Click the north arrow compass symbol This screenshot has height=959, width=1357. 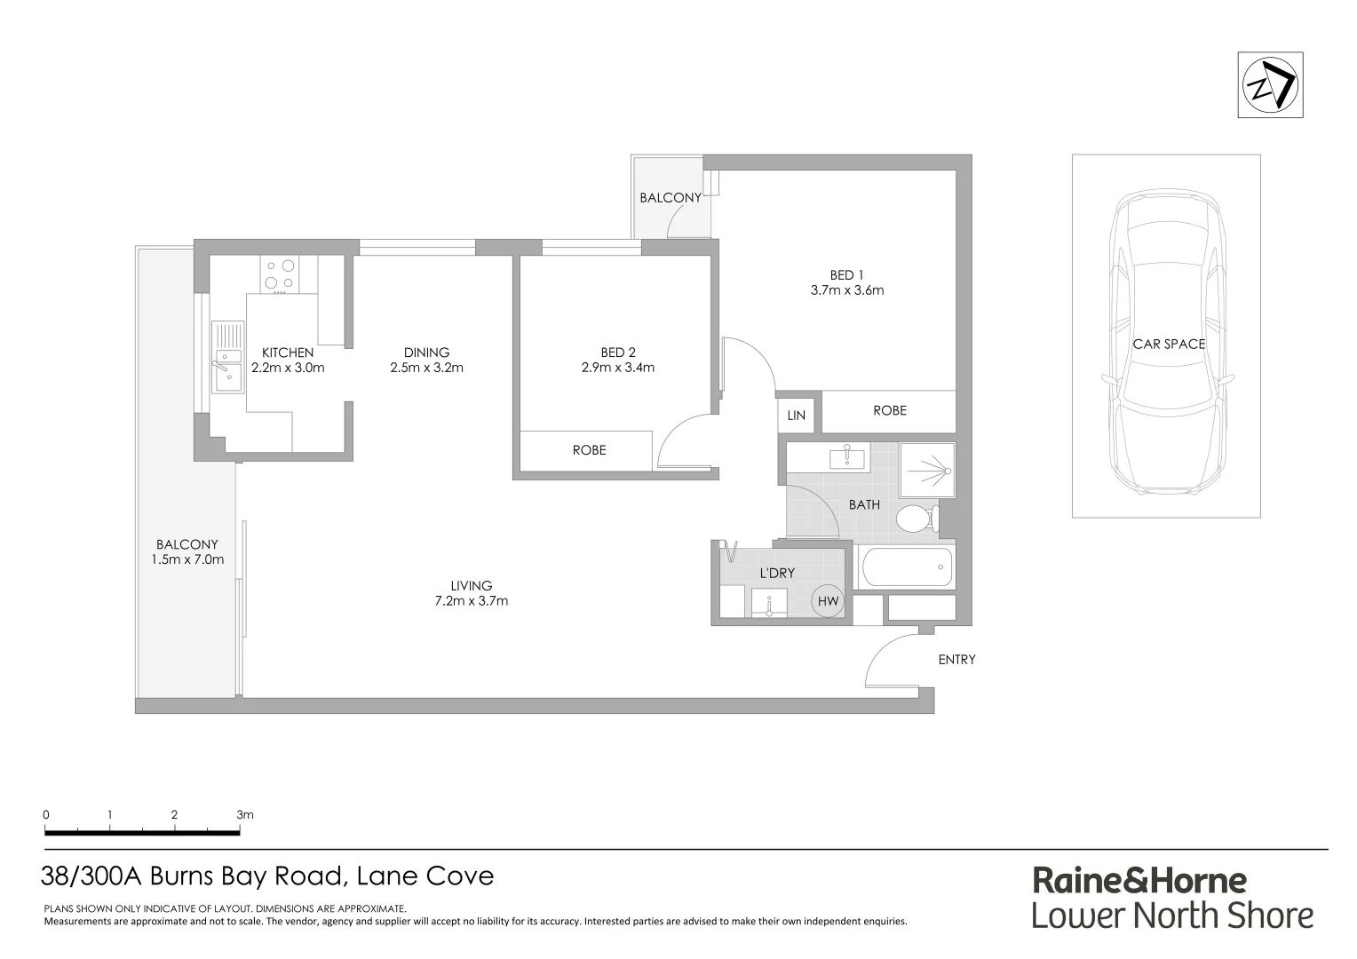click(x=1270, y=85)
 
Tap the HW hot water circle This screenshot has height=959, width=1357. click(x=828, y=601)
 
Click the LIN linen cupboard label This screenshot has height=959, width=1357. click(x=796, y=415)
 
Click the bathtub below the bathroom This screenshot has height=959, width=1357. click(x=906, y=567)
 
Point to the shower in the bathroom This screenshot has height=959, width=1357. click(x=927, y=470)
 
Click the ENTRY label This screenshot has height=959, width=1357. click(x=956, y=660)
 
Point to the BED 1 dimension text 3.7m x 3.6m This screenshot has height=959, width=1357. click(x=846, y=290)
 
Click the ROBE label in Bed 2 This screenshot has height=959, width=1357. click(x=589, y=450)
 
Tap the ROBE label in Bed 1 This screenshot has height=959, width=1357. click(x=889, y=410)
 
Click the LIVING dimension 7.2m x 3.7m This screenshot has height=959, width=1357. click(x=471, y=601)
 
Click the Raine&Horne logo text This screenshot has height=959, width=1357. click(x=1139, y=880)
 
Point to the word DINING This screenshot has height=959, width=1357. click(x=426, y=353)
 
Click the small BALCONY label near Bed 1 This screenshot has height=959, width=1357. click(x=670, y=198)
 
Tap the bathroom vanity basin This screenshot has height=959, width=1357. click(x=846, y=458)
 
